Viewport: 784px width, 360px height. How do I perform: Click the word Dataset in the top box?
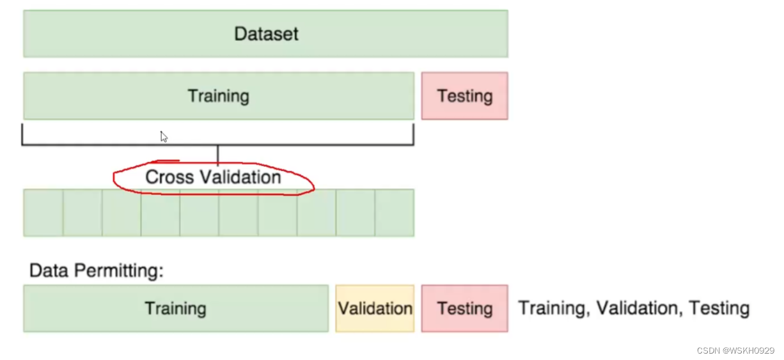coord(266,34)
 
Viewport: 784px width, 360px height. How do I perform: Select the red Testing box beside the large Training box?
coord(464,96)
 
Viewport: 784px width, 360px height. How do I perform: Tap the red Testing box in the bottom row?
coord(464,308)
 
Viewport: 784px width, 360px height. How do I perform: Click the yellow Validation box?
coord(375,308)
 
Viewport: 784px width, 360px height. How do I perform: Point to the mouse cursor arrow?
coord(164,136)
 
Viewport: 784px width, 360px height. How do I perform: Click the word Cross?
coord(169,176)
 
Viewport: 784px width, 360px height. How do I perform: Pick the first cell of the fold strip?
coord(43,213)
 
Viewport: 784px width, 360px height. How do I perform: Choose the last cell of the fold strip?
coord(395,213)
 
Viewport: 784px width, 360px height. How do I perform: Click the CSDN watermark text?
coord(735,350)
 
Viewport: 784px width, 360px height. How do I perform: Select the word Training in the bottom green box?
coord(175,308)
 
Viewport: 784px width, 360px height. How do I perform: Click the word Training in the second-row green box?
coord(218,96)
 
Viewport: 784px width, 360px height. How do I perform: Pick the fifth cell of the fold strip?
coord(199,213)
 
